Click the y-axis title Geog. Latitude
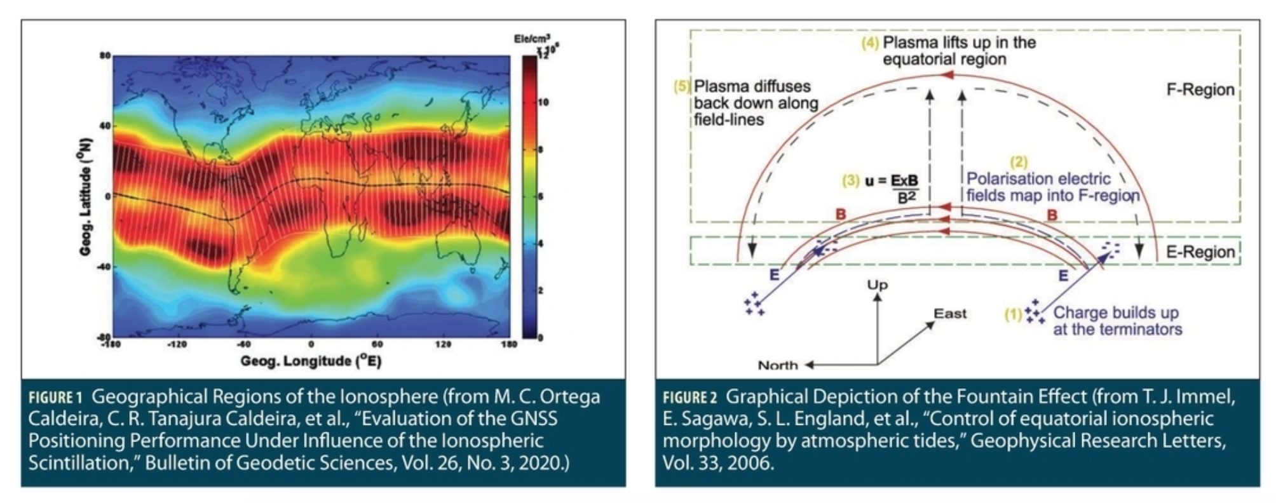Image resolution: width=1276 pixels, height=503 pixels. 86,197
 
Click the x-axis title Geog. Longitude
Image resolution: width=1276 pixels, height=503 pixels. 311,361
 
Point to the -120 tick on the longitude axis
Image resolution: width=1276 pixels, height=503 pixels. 177,344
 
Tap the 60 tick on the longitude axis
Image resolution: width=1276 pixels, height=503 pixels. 377,344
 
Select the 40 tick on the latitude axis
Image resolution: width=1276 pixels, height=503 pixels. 104,126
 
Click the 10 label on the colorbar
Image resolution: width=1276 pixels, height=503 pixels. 543,102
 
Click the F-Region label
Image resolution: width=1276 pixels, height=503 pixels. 1200,90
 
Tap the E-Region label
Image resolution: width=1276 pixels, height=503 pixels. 1200,252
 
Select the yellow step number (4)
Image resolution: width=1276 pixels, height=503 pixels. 869,44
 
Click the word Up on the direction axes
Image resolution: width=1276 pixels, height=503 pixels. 877,285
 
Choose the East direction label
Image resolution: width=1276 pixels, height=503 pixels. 949,314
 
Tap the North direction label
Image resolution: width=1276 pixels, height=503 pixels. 777,365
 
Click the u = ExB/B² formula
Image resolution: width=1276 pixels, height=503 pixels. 892,189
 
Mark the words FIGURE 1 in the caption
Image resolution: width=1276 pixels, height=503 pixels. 55,398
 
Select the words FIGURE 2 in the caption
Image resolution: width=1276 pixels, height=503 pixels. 689,398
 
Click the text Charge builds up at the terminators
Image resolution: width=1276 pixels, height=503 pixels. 1116,321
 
